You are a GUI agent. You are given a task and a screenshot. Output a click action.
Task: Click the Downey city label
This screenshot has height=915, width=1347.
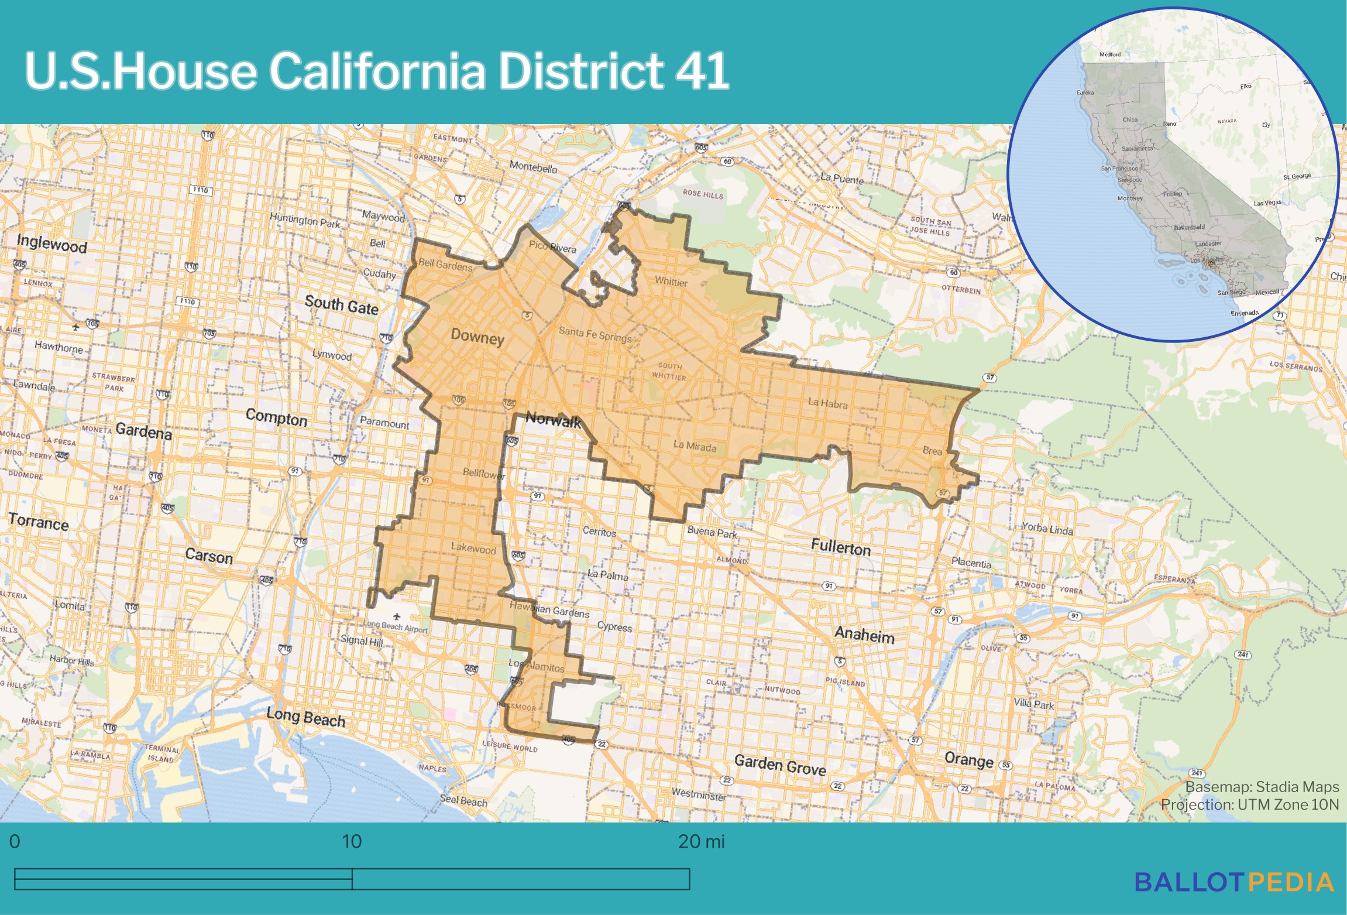pos(477,337)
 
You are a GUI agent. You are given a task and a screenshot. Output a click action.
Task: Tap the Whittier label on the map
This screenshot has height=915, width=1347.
pos(671,282)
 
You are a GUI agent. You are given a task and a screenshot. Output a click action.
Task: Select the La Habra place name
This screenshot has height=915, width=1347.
pos(827,403)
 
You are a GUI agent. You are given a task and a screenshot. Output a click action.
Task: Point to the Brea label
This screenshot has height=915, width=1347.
pos(932,451)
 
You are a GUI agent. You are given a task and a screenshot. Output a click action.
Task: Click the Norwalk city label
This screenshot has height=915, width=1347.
pos(553,420)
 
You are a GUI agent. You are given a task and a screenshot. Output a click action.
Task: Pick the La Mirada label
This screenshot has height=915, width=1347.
pos(695,446)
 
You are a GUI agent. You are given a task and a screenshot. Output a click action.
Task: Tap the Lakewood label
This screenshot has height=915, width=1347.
pos(473,549)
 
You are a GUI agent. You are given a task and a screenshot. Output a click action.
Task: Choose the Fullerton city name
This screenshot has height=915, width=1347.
pos(841,547)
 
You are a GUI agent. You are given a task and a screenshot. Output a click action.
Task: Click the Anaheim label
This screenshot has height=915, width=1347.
pos(864,635)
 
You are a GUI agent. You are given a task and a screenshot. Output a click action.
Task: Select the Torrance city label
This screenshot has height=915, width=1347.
pos(39,521)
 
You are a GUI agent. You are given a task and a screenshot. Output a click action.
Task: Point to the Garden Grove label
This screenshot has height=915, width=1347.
pos(780,765)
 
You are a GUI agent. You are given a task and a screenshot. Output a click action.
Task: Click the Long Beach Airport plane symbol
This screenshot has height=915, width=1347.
pos(397,616)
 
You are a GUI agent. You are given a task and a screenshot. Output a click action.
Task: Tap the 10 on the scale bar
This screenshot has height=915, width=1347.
pos(352,841)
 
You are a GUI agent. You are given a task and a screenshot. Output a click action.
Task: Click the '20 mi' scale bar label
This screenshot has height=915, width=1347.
pos(701,841)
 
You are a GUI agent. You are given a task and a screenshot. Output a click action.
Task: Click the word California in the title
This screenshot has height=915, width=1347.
pos(377,70)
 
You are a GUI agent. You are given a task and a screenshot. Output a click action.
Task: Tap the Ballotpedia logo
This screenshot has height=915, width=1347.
pos(1234,882)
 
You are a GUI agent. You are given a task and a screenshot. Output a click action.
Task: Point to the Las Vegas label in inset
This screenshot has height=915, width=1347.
pos(1267,203)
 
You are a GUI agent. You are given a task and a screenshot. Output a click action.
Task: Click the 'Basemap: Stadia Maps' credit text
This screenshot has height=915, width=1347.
pos(1262,787)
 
